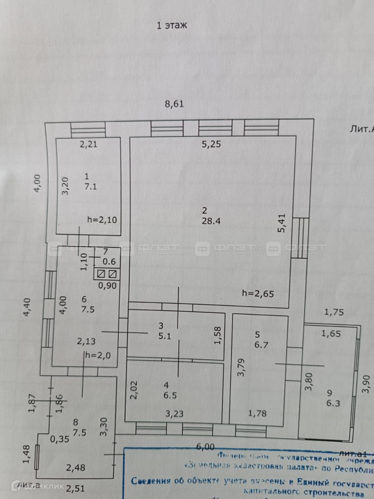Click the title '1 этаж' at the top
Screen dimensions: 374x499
point(172,26)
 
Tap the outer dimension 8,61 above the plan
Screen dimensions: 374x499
point(175,104)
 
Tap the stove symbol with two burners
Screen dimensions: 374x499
point(108,274)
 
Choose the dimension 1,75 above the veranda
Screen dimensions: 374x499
point(334,313)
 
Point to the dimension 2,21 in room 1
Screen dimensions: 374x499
point(91,145)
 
